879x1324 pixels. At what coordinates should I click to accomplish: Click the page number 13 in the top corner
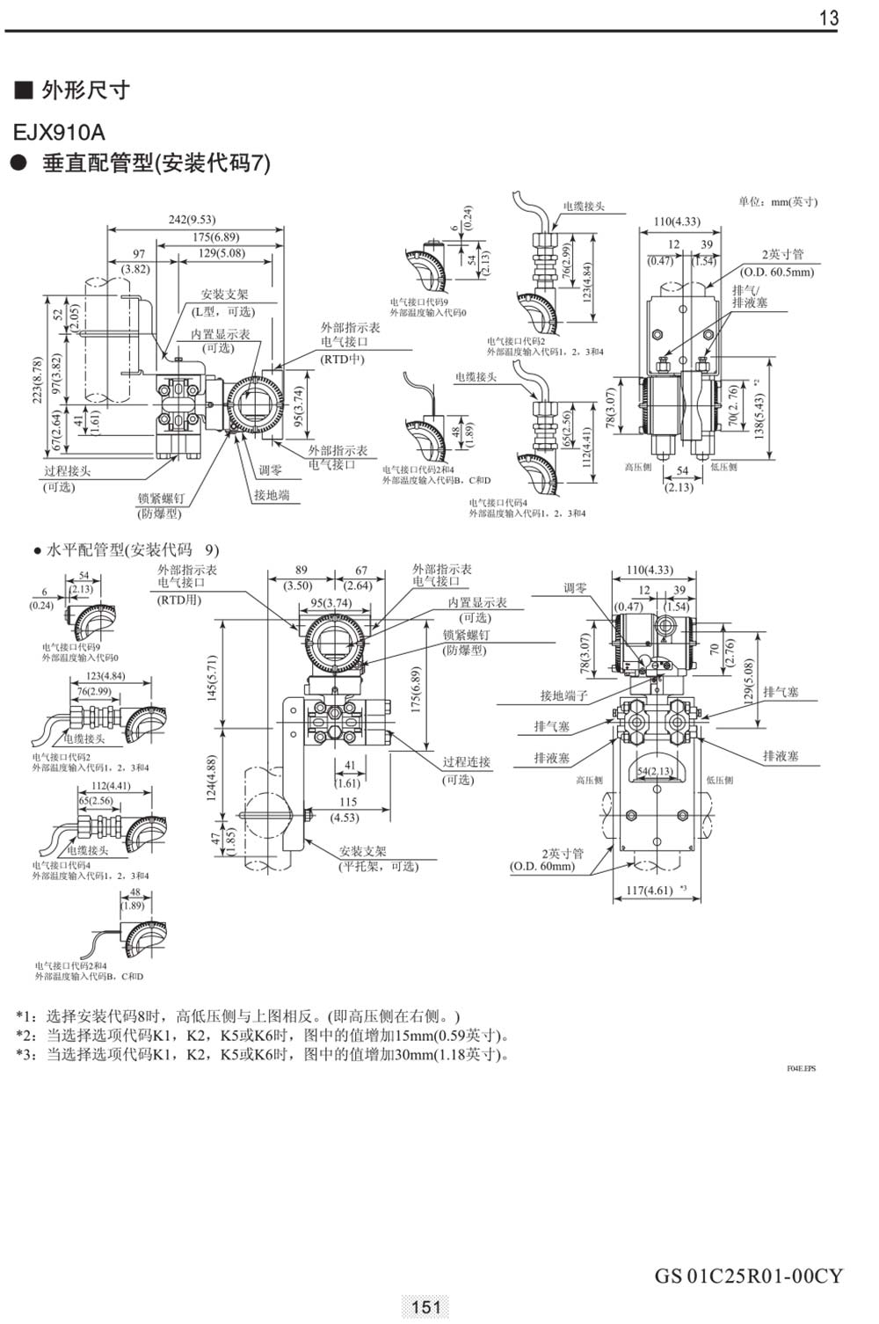pos(828,18)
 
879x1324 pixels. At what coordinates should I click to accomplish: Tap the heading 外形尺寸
pos(85,91)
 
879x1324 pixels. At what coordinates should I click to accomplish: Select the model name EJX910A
pos(59,133)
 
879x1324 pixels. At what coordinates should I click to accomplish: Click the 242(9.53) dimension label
pos(192,219)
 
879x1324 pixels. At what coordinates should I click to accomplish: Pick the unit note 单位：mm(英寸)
pos(778,201)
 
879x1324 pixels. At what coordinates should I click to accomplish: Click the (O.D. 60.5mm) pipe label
pos(777,272)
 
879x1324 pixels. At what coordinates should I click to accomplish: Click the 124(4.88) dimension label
pos(212,778)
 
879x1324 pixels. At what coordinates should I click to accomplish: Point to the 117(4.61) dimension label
pos(650,891)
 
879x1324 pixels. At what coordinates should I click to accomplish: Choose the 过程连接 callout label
pos(466,761)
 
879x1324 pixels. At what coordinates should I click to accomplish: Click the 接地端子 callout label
pos(563,695)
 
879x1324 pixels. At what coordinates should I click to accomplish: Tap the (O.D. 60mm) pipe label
pos(542,866)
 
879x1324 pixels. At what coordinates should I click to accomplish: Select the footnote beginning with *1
pos(237,1015)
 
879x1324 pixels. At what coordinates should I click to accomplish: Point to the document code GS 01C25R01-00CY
pos(748,1276)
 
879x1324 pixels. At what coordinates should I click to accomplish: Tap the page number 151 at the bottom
pos(425,1307)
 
